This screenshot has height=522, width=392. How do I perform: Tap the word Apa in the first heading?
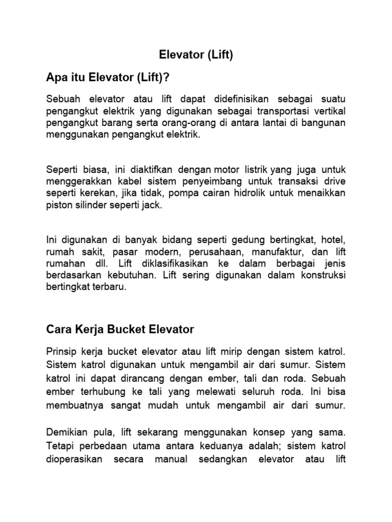tap(57, 78)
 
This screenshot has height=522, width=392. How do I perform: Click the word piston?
tap(59, 205)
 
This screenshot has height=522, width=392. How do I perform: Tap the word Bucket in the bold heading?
tap(122, 329)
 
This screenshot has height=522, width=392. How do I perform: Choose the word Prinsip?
tap(62, 351)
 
